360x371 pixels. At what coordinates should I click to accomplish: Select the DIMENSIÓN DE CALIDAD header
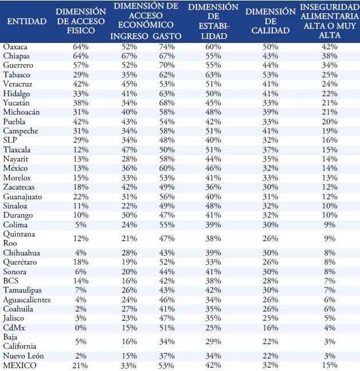tap(270, 21)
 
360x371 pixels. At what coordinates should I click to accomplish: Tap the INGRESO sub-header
tap(130, 35)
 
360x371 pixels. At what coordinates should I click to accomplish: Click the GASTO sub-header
tap(166, 35)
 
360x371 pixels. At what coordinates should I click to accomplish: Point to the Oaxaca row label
tap(15, 46)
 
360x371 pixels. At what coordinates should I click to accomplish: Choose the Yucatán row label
tap(17, 102)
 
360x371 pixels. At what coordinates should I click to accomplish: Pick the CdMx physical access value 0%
tap(81, 327)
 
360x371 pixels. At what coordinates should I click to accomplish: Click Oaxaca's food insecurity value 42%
tap(329, 46)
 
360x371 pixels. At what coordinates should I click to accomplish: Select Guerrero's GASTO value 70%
tap(167, 65)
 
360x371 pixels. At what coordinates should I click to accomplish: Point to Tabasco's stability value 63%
tap(213, 74)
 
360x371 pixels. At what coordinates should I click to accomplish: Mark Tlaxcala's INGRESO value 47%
tap(130, 149)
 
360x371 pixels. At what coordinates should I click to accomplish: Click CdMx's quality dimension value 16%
tap(270, 327)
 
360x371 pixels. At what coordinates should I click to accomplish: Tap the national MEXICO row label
tap(20, 365)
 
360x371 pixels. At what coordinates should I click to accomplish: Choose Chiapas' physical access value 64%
tap(81, 56)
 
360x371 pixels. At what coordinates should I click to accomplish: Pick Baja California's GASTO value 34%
tap(167, 341)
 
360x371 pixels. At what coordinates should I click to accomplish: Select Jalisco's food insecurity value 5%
tap(329, 318)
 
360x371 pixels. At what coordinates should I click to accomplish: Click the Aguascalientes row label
tap(26, 299)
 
